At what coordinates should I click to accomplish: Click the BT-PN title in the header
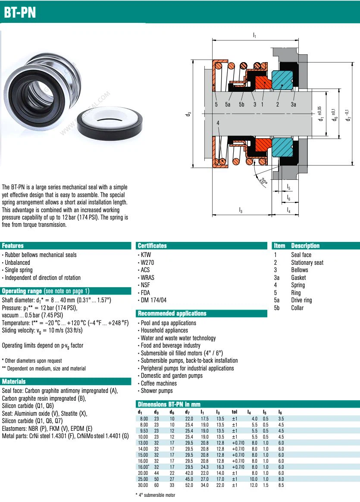point(20,13)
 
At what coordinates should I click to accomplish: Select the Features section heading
point(13,246)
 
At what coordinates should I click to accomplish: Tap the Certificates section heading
point(152,246)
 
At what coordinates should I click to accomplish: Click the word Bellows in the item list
point(300,270)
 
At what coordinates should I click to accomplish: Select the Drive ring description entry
point(301,300)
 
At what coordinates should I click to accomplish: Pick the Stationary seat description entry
point(307,263)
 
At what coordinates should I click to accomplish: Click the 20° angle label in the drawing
point(263,182)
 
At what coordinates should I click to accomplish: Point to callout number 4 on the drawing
point(218,123)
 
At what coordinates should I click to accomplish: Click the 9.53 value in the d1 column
point(144,431)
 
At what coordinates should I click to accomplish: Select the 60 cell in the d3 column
point(157,485)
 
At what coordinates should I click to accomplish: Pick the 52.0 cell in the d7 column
point(189,485)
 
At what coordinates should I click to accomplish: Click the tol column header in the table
point(235,412)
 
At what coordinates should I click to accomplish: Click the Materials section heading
point(14,382)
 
